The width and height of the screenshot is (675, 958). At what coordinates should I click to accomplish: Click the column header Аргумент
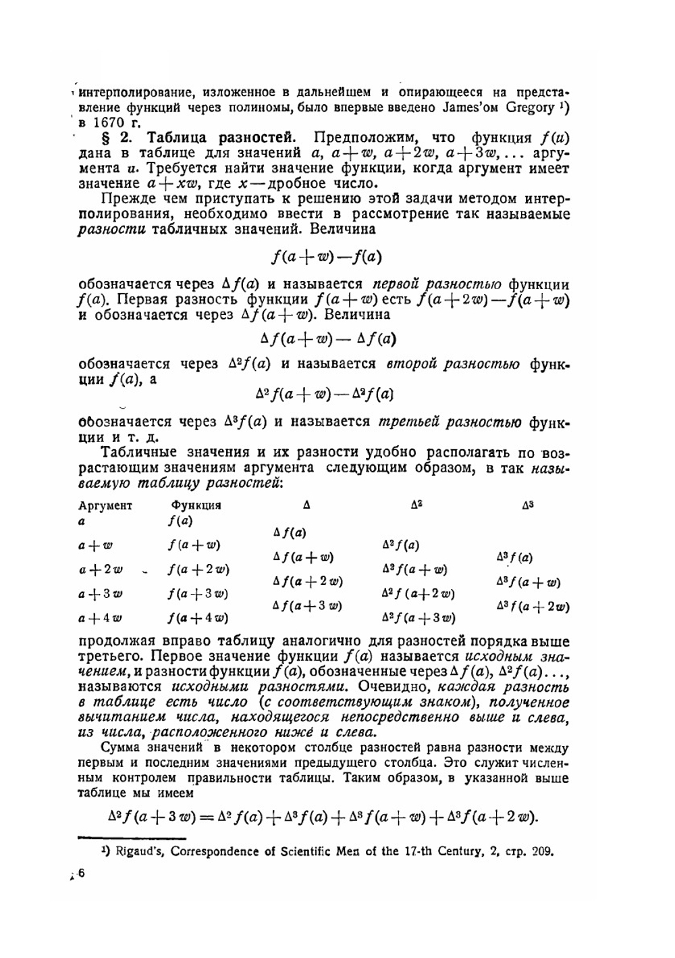pyautogui.click(x=105, y=505)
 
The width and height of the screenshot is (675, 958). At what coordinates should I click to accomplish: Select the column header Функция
pyautogui.click(x=196, y=505)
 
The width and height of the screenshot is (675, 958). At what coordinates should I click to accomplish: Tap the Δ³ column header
pyautogui.click(x=527, y=505)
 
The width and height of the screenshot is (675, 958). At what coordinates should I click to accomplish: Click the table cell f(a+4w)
pyautogui.click(x=198, y=617)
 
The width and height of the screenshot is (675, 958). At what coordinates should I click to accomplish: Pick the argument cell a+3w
pyautogui.click(x=101, y=594)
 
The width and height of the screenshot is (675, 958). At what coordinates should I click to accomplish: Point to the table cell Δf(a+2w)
pyautogui.click(x=307, y=581)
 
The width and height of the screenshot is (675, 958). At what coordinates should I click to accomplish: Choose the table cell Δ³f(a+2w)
pyautogui.click(x=532, y=606)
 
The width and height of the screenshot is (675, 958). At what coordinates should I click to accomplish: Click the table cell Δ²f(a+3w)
pyautogui.click(x=418, y=617)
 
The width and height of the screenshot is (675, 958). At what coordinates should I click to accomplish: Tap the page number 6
pyautogui.click(x=82, y=874)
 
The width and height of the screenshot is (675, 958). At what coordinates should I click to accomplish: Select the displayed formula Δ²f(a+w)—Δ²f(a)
pyautogui.click(x=324, y=393)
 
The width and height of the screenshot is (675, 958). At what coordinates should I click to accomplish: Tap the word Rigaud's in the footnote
pyautogui.click(x=140, y=851)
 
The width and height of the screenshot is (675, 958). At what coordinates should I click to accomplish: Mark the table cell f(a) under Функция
pyautogui.click(x=180, y=521)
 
